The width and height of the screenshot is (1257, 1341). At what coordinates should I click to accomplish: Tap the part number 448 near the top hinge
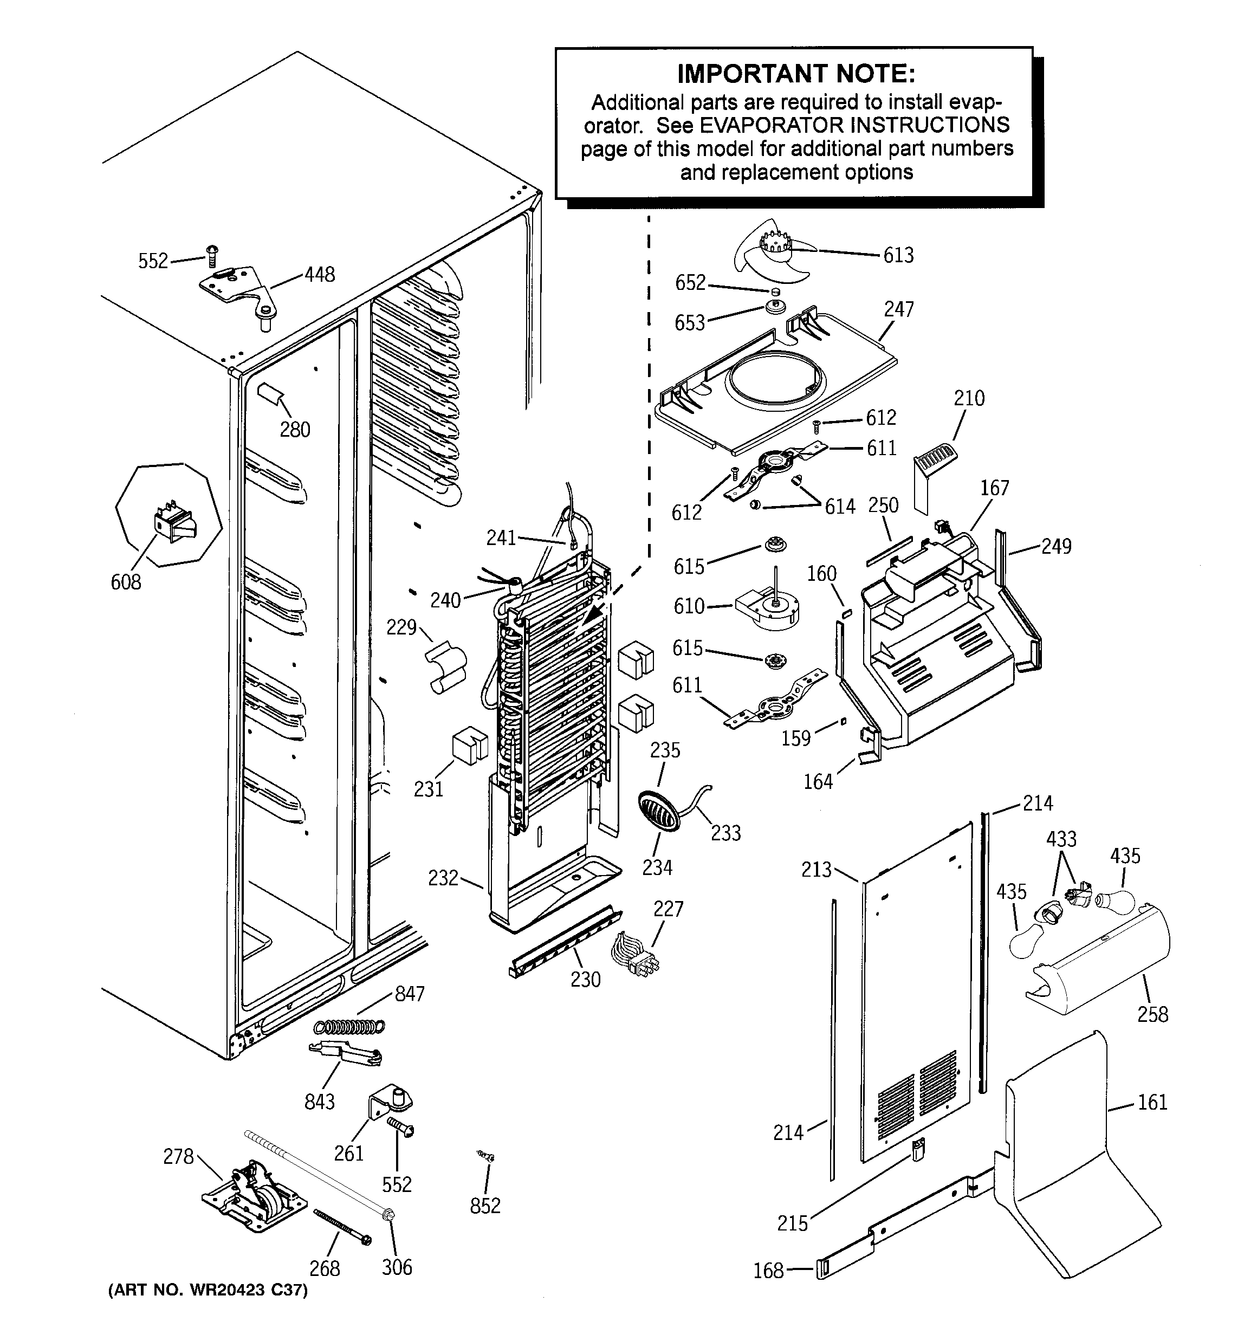coord(319,275)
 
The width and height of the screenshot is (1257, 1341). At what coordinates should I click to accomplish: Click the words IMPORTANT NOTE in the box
coord(795,74)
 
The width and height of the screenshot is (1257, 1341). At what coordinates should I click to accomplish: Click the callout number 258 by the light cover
coord(1152,1014)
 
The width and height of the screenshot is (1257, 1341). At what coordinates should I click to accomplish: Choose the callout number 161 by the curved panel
coord(1152,1102)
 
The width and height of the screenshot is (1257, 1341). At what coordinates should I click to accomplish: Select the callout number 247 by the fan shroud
coord(899,309)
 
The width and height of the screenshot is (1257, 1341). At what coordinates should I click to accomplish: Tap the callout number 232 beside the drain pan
coord(443,878)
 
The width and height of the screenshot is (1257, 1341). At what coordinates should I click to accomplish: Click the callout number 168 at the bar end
coord(768,1271)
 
